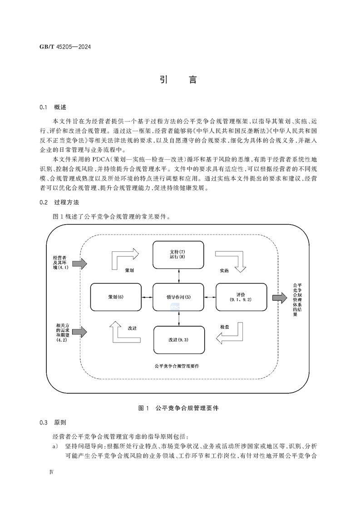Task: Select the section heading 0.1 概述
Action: click(53, 108)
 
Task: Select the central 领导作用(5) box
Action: click(178, 297)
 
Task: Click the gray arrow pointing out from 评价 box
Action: click(280, 298)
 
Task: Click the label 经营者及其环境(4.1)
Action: click(59, 263)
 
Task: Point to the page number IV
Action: click(51, 472)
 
